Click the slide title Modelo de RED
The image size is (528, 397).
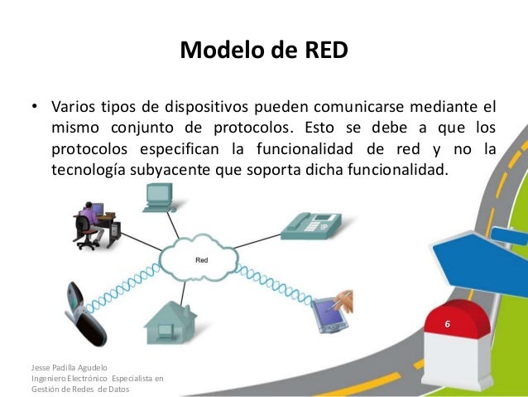[x=264, y=51]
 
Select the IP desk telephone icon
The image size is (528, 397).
[x=311, y=225]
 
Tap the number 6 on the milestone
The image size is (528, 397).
[x=448, y=323]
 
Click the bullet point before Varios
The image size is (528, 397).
[x=35, y=108]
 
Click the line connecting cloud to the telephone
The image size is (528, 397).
[x=253, y=243]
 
